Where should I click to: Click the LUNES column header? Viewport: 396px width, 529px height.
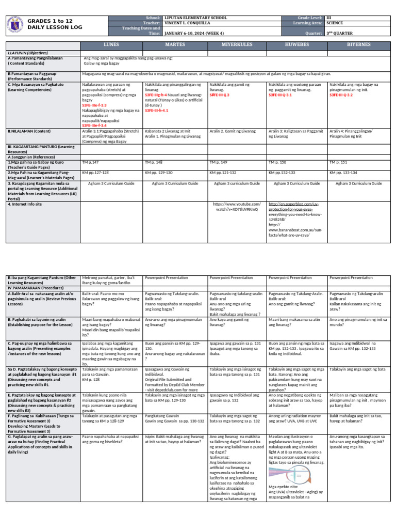click(x=111, y=45)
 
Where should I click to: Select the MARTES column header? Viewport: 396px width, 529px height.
click(x=174, y=45)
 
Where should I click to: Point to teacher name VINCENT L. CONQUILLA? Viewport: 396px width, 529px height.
click(x=188, y=23)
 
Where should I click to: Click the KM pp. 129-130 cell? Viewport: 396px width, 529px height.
click(x=159, y=172)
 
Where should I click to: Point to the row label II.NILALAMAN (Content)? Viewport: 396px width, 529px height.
click(x=29, y=131)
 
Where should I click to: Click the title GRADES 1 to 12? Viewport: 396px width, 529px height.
click(x=49, y=21)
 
